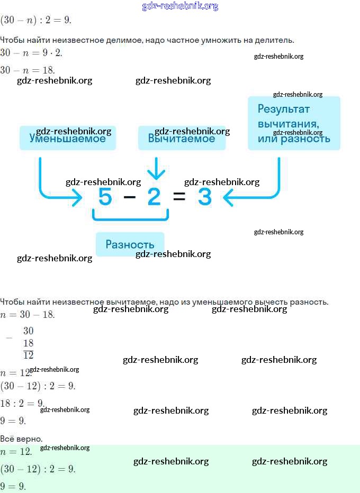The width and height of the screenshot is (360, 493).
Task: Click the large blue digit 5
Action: [x=105, y=197]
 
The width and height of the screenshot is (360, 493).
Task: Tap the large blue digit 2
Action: [x=154, y=197]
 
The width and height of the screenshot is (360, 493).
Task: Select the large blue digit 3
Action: [x=204, y=197]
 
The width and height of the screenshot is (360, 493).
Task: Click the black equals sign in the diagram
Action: [x=179, y=197]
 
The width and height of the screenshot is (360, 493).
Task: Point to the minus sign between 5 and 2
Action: [x=130, y=197]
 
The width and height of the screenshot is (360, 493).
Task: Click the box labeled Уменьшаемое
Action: [x=67, y=138]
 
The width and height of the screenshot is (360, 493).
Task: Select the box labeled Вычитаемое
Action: [x=182, y=138]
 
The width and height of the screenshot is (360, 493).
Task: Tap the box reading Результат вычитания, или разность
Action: [x=294, y=123]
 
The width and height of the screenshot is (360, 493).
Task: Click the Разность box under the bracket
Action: [x=130, y=244]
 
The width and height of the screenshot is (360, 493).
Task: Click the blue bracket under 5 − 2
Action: [x=130, y=216]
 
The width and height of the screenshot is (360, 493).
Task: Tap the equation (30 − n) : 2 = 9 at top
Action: [x=35, y=20]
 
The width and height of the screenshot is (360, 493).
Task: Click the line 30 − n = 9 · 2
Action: [x=31, y=53]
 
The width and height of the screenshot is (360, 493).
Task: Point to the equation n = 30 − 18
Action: [x=28, y=315]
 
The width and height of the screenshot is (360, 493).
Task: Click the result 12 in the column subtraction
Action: [x=28, y=355]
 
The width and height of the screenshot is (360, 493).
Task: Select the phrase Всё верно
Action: [x=21, y=439]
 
